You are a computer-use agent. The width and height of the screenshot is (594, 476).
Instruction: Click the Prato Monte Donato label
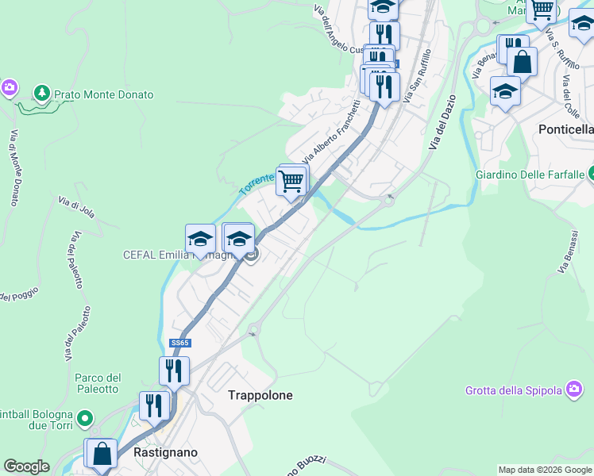click(x=103, y=94)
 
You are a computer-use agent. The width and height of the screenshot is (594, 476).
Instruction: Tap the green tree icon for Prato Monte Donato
click(x=41, y=94)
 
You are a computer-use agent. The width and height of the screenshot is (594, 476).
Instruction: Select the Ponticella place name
click(x=565, y=129)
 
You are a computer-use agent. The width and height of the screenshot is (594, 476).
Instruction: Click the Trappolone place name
click(x=260, y=395)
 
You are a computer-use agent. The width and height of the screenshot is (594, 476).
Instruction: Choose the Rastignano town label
click(x=166, y=452)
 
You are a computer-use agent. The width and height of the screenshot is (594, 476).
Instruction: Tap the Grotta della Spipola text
click(x=514, y=390)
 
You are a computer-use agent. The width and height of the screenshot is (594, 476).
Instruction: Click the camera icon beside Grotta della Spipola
click(x=574, y=389)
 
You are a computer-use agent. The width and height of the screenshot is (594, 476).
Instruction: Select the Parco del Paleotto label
click(x=98, y=383)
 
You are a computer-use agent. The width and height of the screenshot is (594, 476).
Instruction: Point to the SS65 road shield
click(x=180, y=344)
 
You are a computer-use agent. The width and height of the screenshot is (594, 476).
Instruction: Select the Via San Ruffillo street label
click(x=417, y=76)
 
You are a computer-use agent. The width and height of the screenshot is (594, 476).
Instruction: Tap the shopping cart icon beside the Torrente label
click(x=291, y=181)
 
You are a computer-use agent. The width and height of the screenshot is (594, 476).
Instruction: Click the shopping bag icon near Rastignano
click(x=102, y=455)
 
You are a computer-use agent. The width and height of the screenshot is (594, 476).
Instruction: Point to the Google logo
click(x=26, y=466)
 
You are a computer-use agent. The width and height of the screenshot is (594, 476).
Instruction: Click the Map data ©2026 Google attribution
click(x=545, y=470)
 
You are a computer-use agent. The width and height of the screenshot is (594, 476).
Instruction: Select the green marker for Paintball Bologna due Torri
click(x=85, y=417)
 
